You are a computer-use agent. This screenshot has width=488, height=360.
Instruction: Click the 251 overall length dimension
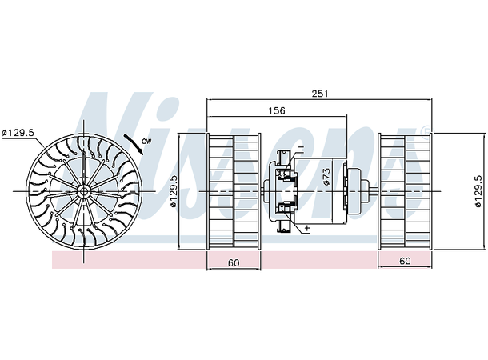coord(319,94)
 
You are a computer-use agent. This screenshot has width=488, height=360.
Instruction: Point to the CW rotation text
coord(146,142)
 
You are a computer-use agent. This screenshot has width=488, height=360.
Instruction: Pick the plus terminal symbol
coord(306,229)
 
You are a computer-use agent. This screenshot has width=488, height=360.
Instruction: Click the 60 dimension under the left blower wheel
coord(234,262)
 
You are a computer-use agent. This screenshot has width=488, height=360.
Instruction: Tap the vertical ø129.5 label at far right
coord(478,192)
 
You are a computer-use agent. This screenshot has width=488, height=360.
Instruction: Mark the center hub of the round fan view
coord(83,192)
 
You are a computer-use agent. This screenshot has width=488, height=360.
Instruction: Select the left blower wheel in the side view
coord(234,192)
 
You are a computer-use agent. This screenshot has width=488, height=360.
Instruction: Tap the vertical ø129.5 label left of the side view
coord(174,192)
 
